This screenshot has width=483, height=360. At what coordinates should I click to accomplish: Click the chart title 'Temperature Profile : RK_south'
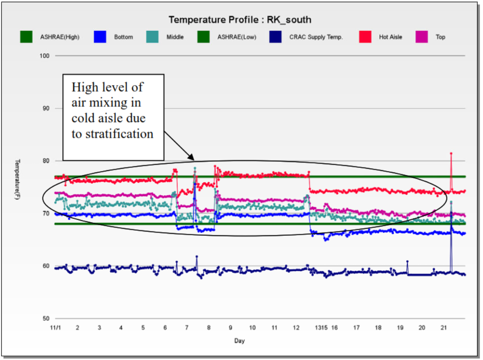coord(240,20)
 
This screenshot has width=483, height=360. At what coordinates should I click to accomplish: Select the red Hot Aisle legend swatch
coord(366,37)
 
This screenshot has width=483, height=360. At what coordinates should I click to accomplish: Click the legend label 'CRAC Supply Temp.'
coord(316,37)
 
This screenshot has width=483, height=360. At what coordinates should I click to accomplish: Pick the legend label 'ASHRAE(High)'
coord(60,37)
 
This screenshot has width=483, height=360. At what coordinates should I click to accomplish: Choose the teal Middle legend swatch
coord(154,37)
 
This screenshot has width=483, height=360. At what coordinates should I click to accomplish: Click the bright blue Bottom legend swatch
coord(101,37)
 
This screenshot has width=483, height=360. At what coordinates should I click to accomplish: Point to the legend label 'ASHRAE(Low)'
coord(237,37)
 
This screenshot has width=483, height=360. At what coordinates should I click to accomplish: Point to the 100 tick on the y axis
coord(46,56)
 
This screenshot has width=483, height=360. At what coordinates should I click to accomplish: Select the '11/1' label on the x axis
coord(55,328)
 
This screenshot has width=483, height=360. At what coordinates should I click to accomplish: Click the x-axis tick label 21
coord(443,328)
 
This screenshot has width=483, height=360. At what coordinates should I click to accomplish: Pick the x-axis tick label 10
coord(252,328)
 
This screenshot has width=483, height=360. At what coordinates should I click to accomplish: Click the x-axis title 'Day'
coord(239,341)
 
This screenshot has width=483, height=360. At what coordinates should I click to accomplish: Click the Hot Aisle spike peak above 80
coord(451,154)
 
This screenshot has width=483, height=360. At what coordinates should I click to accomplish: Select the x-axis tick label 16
coord(334,328)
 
